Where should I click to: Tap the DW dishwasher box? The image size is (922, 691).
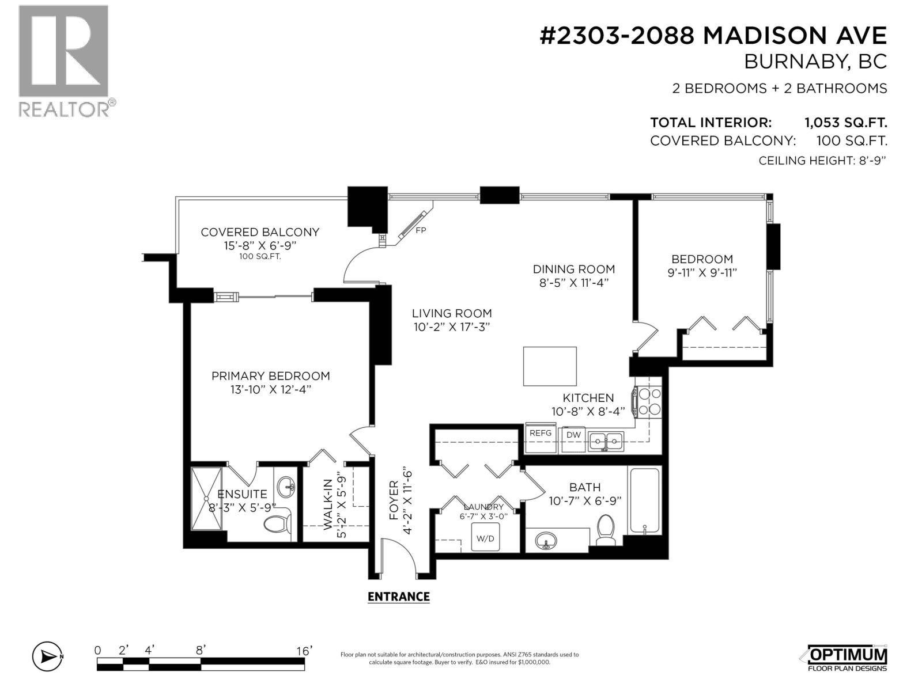click(573, 439)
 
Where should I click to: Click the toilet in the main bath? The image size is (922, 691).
click(605, 529)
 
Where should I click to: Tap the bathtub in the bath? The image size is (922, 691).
click(644, 500)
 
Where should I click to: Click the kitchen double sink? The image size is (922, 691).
click(605, 441)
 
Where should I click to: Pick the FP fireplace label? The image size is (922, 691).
click(421, 230)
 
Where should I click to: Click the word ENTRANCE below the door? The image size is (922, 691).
click(399, 597)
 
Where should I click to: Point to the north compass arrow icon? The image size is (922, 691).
click(48, 656)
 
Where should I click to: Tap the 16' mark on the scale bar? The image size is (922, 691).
click(304, 651)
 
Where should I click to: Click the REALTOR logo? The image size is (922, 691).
click(67, 61)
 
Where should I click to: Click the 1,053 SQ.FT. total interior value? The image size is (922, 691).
click(845, 123)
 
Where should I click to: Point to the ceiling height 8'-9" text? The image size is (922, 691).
click(822, 161)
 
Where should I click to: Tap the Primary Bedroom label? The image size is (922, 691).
click(270, 376)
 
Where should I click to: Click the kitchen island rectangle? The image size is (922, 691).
click(549, 366)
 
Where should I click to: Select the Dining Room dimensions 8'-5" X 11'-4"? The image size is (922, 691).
click(574, 283)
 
